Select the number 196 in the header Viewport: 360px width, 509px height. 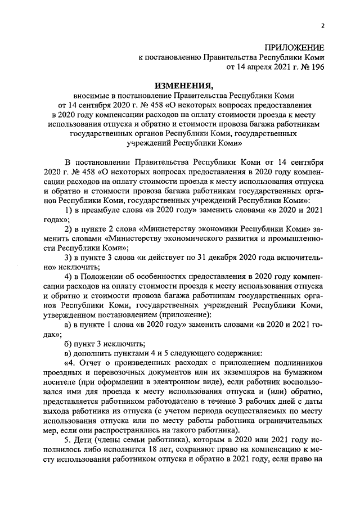(x=317, y=67)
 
